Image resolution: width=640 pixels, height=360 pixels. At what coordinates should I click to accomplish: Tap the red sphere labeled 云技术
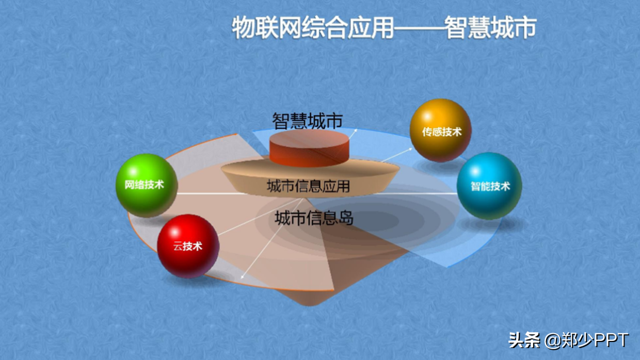coord(188,246)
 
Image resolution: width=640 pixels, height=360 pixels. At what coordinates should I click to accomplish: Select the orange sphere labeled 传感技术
coord(440,130)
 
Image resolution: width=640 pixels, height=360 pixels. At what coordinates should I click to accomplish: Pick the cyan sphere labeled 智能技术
coord(489,186)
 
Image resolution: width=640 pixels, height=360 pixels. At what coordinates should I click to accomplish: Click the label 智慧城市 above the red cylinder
coord(307,121)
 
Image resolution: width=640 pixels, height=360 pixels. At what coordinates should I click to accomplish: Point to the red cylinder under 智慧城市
coord(310,150)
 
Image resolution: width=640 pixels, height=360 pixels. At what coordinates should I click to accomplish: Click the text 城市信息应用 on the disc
coord(308,186)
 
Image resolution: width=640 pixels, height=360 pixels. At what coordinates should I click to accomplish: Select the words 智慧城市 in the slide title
coord(491,28)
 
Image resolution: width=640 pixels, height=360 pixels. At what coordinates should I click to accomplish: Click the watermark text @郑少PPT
coord(587,340)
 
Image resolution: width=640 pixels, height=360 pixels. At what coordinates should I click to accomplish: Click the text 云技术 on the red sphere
coord(188,246)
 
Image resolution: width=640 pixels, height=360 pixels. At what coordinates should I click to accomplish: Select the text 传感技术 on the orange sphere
coord(441,132)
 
